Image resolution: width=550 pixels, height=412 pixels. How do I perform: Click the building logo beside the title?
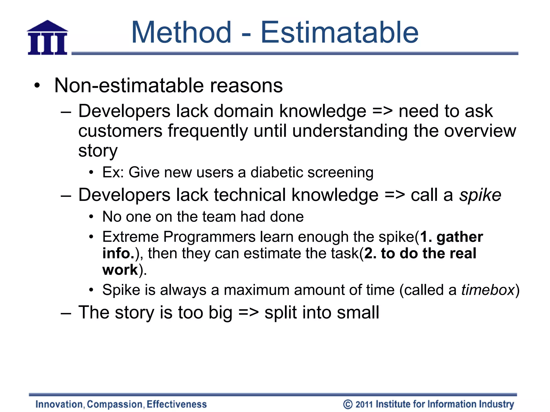pyautogui.click(x=48, y=38)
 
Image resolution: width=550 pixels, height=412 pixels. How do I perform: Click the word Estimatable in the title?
pyautogui.click(x=339, y=33)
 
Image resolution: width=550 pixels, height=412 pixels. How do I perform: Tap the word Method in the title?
pyautogui.click(x=181, y=33)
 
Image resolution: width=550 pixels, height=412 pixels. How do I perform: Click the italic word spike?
pyautogui.click(x=480, y=195)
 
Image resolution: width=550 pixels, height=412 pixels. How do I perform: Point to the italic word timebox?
pyautogui.click(x=488, y=290)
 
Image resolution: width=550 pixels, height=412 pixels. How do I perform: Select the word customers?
pyautogui.click(x=120, y=131)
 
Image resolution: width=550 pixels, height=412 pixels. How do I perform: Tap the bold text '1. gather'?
pyautogui.click(x=451, y=237)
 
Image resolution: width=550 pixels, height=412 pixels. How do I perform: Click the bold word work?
pyautogui.click(x=120, y=270)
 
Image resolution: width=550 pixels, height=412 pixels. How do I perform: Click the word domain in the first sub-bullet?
pyautogui.click(x=243, y=111)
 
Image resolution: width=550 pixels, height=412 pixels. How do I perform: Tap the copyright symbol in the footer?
pyautogui.click(x=348, y=404)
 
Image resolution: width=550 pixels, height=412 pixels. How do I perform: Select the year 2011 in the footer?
pyautogui.click(x=364, y=404)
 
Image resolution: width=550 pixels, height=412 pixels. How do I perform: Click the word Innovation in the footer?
pyautogui.click(x=59, y=404)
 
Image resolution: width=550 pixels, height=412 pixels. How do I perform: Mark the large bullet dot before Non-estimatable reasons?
pyautogui.click(x=37, y=86)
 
